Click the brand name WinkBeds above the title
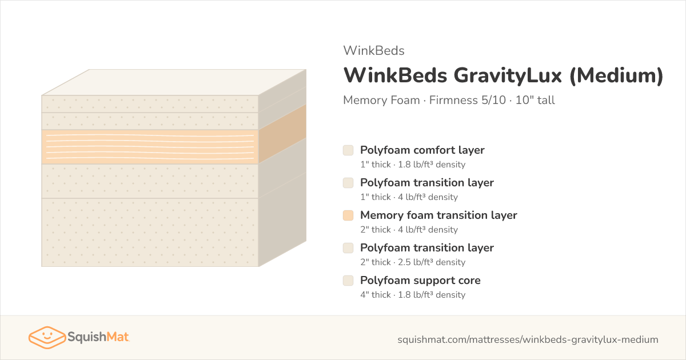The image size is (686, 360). pyautogui.click(x=374, y=50)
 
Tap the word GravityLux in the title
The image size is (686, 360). pyautogui.click(x=508, y=75)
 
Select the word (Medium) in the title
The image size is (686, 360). pyautogui.click(x=616, y=75)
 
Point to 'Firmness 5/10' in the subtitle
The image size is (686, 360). pyautogui.click(x=468, y=100)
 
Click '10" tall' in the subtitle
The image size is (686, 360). pyautogui.click(x=535, y=100)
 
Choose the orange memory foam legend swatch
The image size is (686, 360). pyautogui.click(x=348, y=215)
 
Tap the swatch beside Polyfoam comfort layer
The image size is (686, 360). pyautogui.click(x=348, y=150)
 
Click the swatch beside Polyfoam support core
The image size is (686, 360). pyautogui.click(x=348, y=281)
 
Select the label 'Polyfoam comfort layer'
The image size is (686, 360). pyautogui.click(x=422, y=150)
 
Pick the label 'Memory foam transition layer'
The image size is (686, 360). pyautogui.click(x=438, y=215)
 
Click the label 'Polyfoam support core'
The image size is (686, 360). pyautogui.click(x=421, y=281)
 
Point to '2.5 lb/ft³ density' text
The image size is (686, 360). pyautogui.click(x=432, y=262)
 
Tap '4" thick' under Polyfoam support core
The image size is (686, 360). pyautogui.click(x=376, y=295)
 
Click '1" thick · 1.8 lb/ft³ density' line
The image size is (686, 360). pyautogui.click(x=413, y=165)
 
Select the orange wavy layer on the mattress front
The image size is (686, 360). pyautogui.click(x=150, y=147)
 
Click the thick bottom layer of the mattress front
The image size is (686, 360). pyautogui.click(x=150, y=233)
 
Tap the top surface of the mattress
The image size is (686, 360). pyautogui.click(x=174, y=82)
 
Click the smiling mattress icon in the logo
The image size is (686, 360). pyautogui.click(x=47, y=337)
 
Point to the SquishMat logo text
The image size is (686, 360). pyautogui.click(x=98, y=337)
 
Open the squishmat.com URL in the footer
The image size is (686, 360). pyautogui.click(x=528, y=339)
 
